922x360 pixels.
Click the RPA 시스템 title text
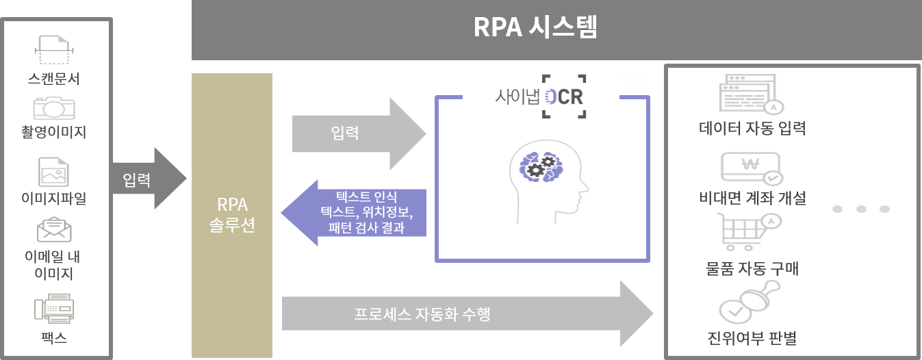coord(535,27)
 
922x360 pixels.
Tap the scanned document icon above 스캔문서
coord(54,50)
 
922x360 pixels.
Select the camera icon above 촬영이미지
coord(54,107)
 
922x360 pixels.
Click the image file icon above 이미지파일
coord(53,172)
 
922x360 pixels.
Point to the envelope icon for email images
coord(54,229)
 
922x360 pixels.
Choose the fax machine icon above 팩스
coord(54,309)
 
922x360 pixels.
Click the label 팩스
coord(54,338)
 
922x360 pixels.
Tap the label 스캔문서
coord(54,79)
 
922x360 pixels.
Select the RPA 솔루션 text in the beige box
coord(232,215)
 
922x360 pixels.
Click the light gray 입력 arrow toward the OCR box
coord(359,133)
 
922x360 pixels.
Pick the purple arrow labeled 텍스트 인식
coord(354,213)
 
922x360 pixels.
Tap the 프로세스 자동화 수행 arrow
coord(468,313)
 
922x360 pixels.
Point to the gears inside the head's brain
coord(541,166)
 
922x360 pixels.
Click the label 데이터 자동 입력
coord(752,129)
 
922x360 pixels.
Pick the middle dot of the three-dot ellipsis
coord(861,209)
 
